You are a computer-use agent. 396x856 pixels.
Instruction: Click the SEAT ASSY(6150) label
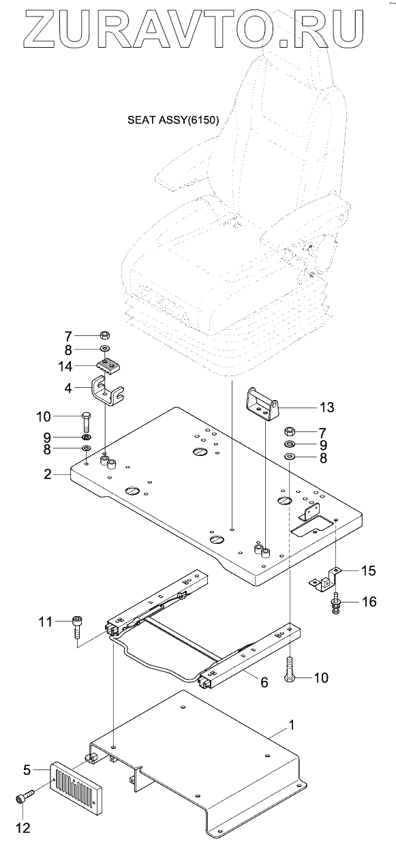(x=173, y=121)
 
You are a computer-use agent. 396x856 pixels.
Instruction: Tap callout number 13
(x=326, y=408)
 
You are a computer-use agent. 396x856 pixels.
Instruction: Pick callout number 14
(x=65, y=366)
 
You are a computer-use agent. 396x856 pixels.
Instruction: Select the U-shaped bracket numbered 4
(x=108, y=391)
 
